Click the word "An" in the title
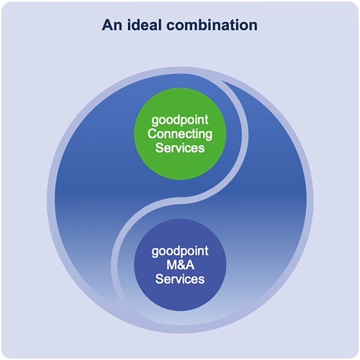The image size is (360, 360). [x=112, y=25]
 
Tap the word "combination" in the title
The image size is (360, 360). [x=212, y=25]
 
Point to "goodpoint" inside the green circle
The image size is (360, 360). [x=180, y=120]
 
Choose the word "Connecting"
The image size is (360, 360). [x=180, y=134]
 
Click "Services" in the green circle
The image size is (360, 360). [x=180, y=148]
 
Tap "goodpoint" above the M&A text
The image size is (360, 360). [x=180, y=251]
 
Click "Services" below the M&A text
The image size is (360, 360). [x=180, y=279]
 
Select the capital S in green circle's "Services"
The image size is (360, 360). [x=159, y=148]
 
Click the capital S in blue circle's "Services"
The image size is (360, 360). [x=159, y=279]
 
